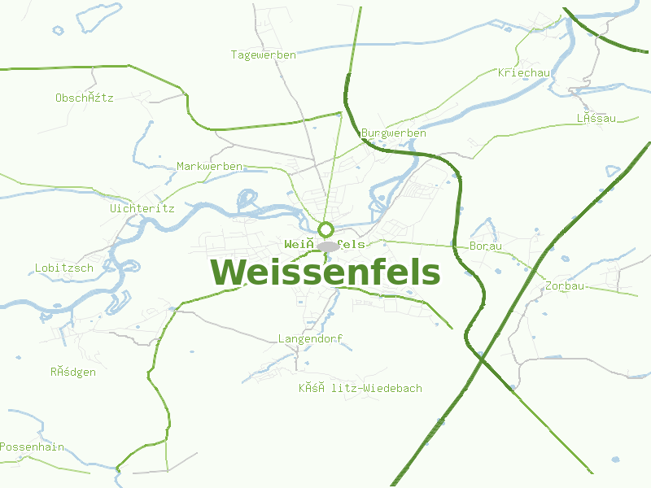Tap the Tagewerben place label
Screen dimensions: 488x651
[x=263, y=55]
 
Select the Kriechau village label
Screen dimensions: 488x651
[x=524, y=73]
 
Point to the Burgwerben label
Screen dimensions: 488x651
[x=393, y=133]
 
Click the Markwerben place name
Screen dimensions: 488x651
[x=209, y=166]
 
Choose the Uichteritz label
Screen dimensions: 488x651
[x=142, y=208]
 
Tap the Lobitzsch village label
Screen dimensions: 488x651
[x=63, y=268]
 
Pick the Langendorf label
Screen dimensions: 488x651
[x=310, y=338]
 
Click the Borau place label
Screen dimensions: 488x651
[x=486, y=246]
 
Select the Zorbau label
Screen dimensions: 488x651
[x=565, y=286]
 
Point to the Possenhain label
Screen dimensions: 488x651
[x=32, y=447]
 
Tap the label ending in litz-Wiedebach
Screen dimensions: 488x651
[x=360, y=388]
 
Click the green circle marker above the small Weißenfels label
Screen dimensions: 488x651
[x=326, y=229]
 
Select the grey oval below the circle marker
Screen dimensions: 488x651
[x=328, y=246]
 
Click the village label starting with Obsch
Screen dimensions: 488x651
[x=84, y=98]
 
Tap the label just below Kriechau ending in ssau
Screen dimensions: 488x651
[x=596, y=119]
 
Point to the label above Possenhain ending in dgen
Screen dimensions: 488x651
[x=72, y=372]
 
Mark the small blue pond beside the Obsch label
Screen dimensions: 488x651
[x=58, y=31]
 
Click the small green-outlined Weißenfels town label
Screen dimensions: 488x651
[x=325, y=244]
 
